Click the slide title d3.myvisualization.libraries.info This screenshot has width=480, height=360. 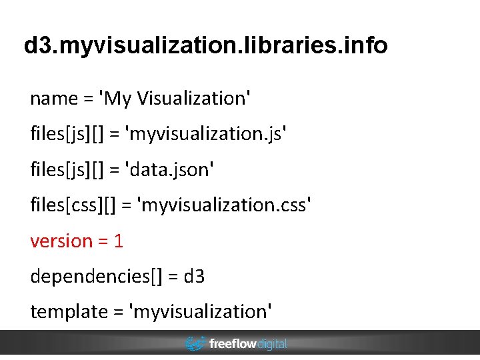pyautogui.click(x=205, y=46)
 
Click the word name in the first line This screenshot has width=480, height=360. pyautogui.click(x=54, y=99)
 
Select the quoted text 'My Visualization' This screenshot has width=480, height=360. pyautogui.click(x=176, y=99)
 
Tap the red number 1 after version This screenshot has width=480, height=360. pyautogui.click(x=119, y=241)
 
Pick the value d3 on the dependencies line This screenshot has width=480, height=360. pyautogui.click(x=195, y=276)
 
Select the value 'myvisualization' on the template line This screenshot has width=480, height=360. pyautogui.click(x=203, y=311)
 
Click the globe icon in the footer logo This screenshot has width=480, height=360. pyautogui.click(x=195, y=344)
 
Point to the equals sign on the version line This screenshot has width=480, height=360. pyautogui.click(x=103, y=241)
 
